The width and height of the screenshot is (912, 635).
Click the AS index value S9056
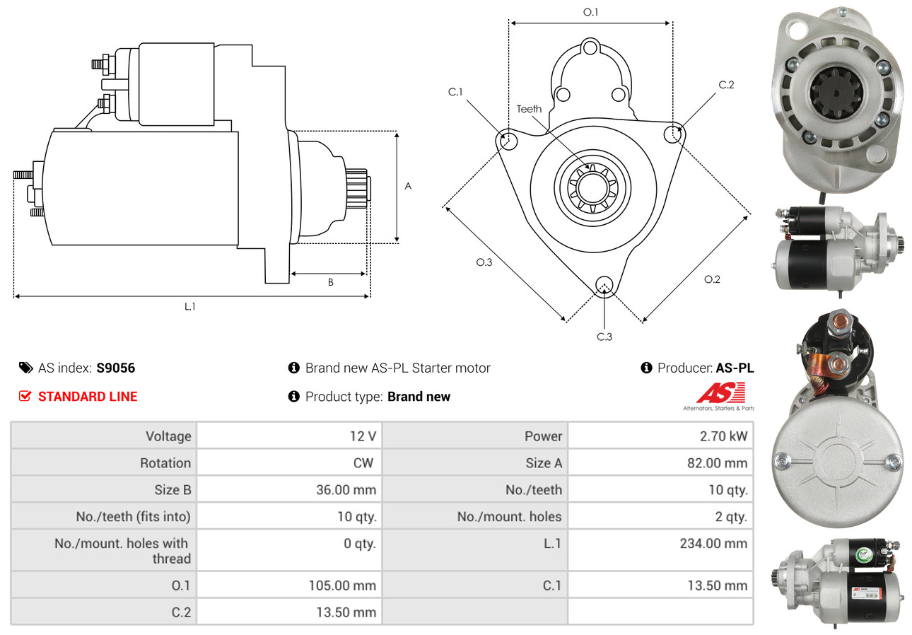click(115, 368)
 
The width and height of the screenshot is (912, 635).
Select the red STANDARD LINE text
click(88, 397)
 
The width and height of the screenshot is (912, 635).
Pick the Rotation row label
click(165, 463)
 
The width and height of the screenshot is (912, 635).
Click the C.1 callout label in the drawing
click(455, 92)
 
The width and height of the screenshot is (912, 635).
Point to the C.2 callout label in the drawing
click(726, 85)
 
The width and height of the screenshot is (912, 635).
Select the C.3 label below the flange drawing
click(604, 337)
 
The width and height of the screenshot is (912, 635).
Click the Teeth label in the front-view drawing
click(529, 109)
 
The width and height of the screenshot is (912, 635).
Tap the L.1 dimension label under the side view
click(190, 307)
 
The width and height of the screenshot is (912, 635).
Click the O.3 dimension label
click(484, 262)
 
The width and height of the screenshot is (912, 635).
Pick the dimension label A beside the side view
click(408, 187)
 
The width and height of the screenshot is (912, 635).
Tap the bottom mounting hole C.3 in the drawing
click(604, 284)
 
